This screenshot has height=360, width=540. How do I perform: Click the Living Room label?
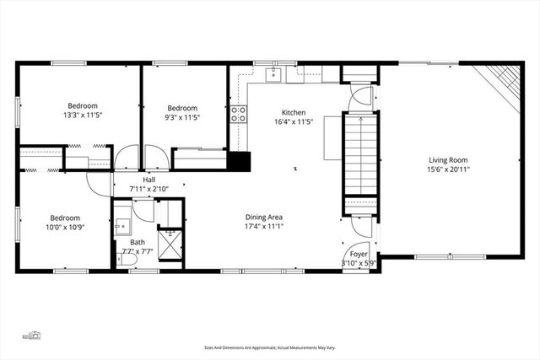[448, 159]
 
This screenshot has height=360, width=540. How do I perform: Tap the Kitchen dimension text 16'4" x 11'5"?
[294, 122]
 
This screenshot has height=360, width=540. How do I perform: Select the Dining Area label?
[264, 215]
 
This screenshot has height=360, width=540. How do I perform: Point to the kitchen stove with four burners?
[239, 114]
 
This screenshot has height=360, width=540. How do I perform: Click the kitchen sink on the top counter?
[273, 75]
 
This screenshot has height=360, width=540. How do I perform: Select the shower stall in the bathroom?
[172, 243]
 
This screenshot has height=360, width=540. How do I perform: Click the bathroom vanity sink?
[121, 226]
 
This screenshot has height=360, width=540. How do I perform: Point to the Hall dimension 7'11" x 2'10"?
[148, 189]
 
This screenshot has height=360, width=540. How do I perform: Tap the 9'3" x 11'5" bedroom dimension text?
[182, 118]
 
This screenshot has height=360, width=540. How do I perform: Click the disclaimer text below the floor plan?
[269, 346]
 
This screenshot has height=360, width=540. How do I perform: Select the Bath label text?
[137, 242]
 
